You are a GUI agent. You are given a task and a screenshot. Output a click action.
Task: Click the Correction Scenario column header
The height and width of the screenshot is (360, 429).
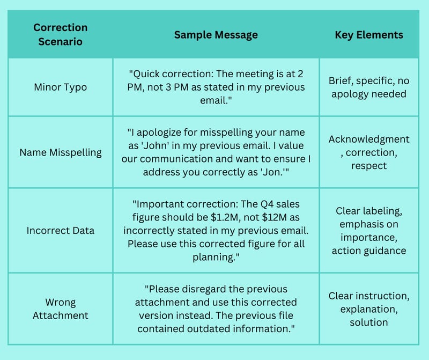pyautogui.click(x=61, y=34)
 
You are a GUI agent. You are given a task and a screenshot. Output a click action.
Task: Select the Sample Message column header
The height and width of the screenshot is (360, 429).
pyautogui.click(x=216, y=35)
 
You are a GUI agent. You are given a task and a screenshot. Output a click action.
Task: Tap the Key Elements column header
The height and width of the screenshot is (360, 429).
pyautogui.click(x=369, y=35)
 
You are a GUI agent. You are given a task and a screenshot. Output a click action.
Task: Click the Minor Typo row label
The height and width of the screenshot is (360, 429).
pyautogui.click(x=61, y=87)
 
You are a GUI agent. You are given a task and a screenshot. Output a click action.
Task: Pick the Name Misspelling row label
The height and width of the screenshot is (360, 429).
pyautogui.click(x=61, y=152)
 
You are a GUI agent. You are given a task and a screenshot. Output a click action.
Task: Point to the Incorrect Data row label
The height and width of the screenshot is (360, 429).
pyautogui.click(x=61, y=231)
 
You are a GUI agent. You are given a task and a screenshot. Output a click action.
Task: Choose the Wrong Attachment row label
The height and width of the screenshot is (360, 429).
pyautogui.click(x=61, y=309)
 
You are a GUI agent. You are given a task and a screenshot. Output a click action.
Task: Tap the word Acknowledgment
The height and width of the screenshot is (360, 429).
pyautogui.click(x=369, y=139)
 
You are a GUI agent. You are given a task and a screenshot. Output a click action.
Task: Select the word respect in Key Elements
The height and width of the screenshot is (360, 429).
pyautogui.click(x=369, y=166)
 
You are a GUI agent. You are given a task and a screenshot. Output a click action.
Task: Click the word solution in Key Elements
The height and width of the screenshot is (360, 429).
pyautogui.click(x=369, y=322)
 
